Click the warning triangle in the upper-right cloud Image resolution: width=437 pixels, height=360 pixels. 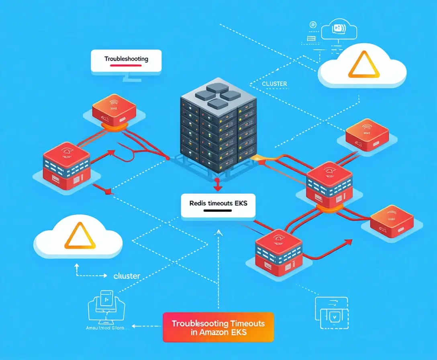(x=363, y=65)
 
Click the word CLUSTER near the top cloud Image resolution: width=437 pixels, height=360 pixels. (x=274, y=84)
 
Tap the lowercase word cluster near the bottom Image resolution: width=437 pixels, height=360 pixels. (x=127, y=276)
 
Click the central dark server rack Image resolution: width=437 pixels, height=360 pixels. (x=218, y=125)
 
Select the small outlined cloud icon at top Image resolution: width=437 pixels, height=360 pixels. (x=339, y=29)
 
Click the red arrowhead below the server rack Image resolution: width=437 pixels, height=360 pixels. (x=217, y=188)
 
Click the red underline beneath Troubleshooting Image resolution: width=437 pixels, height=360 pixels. (x=126, y=65)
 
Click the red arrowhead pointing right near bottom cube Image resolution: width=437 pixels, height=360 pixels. (x=349, y=241)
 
